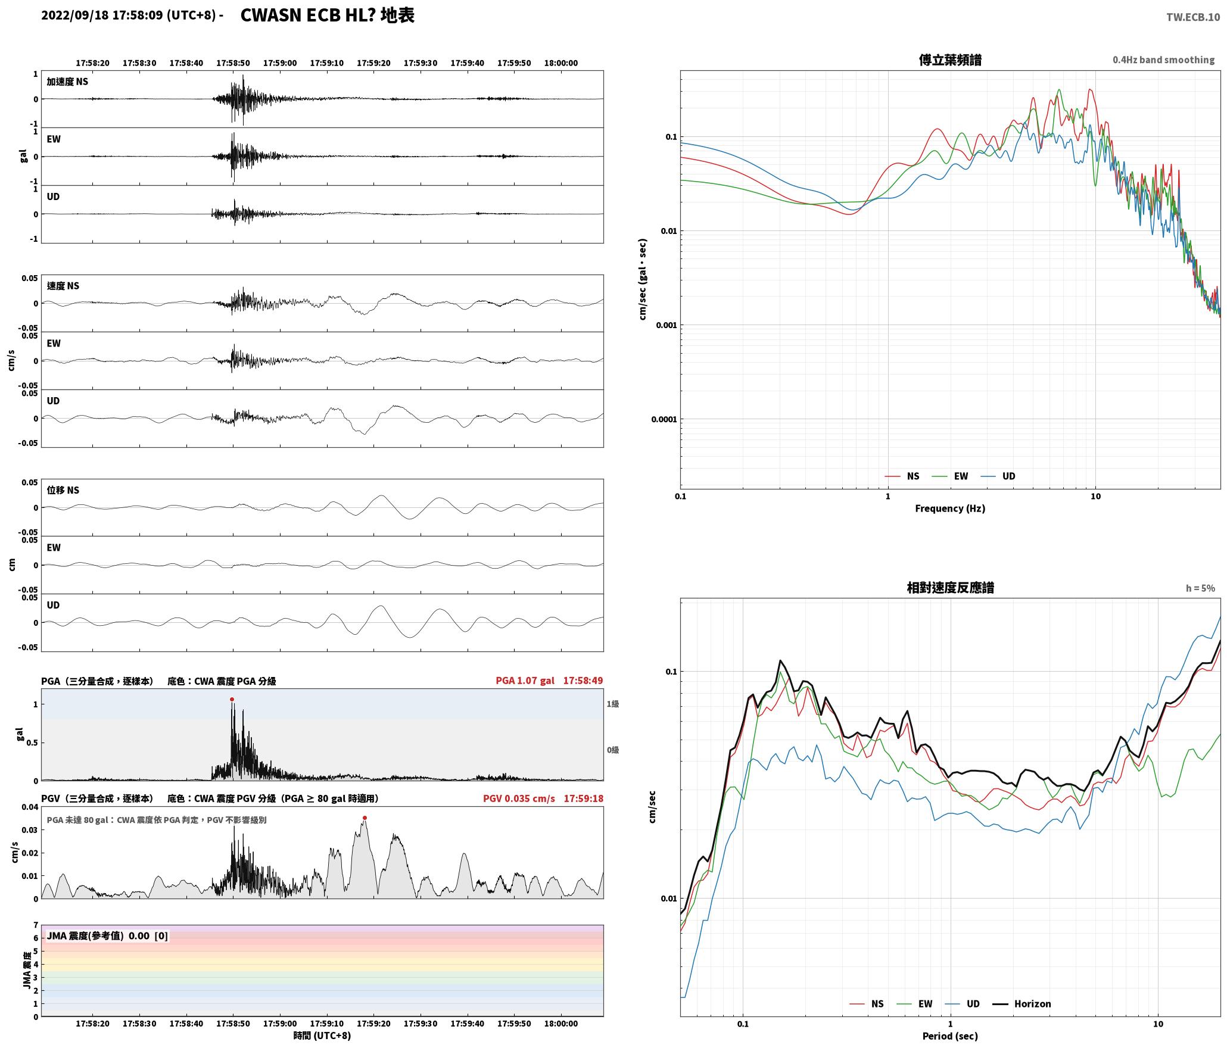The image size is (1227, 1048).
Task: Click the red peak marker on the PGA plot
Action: pyautogui.click(x=232, y=700)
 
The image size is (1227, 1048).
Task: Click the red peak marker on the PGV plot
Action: pyautogui.click(x=365, y=818)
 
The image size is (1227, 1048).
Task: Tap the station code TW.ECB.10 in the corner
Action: pyautogui.click(x=1193, y=17)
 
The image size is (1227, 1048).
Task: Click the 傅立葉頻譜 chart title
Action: pyautogui.click(x=950, y=60)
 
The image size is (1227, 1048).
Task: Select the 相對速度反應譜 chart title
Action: pyautogui.click(x=950, y=588)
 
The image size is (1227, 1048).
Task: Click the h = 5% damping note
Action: pyautogui.click(x=1200, y=588)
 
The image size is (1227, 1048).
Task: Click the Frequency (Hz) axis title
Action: pyautogui.click(x=950, y=509)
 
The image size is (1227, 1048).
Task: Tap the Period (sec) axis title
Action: pyautogui.click(x=950, y=1036)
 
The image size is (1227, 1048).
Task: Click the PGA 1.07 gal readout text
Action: pyautogui.click(x=525, y=681)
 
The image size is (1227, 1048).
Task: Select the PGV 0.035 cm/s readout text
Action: pyautogui.click(x=519, y=799)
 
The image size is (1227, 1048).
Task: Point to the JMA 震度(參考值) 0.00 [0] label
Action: pyautogui.click(x=107, y=936)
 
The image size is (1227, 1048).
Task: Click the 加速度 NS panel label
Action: pyautogui.click(x=67, y=82)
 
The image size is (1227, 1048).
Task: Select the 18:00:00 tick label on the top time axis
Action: pyautogui.click(x=560, y=63)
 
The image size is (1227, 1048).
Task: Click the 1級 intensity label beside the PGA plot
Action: pyautogui.click(x=613, y=704)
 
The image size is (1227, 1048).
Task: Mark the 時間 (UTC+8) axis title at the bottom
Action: pyautogui.click(x=322, y=1035)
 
